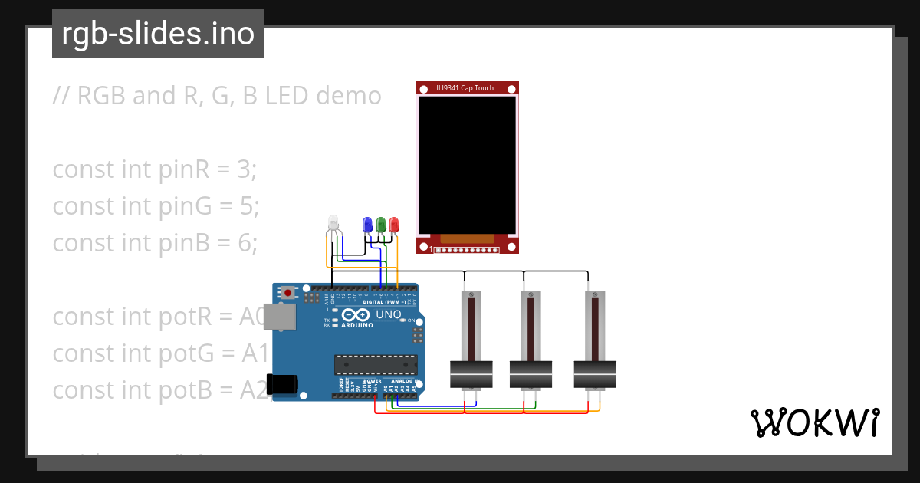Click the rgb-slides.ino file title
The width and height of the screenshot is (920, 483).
[x=158, y=34]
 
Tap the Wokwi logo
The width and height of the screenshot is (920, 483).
[x=814, y=422]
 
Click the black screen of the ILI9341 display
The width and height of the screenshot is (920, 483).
[x=467, y=164]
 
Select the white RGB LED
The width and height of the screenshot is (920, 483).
[x=333, y=223]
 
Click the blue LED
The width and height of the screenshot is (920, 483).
[x=366, y=224]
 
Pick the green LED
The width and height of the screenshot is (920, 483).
[x=380, y=224]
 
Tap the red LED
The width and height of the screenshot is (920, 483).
[x=394, y=224]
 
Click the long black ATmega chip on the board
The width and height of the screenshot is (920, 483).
[x=376, y=366]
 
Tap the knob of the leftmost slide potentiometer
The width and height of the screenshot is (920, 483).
[x=471, y=373]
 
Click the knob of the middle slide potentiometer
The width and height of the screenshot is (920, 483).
[x=531, y=373]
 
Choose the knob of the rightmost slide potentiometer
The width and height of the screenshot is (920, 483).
[x=595, y=373]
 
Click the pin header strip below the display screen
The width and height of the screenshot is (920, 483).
[x=467, y=250]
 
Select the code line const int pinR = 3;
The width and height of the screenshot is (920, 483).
[x=154, y=169]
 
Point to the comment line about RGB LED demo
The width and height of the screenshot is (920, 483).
[x=217, y=96]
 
